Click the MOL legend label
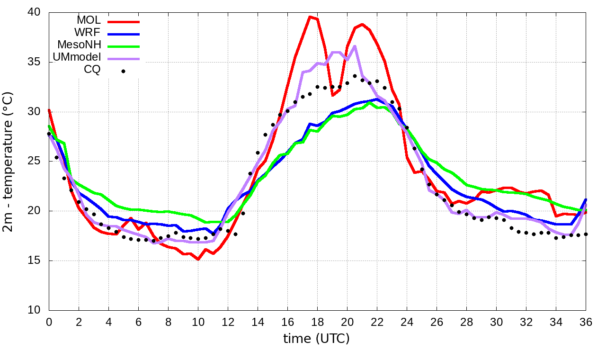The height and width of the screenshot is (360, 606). [x=89, y=20]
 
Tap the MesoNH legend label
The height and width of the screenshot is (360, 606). [x=80, y=45]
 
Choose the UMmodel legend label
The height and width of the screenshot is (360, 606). [x=78, y=57]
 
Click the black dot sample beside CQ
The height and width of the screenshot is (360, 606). [x=123, y=71]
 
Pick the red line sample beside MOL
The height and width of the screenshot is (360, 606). [x=124, y=22]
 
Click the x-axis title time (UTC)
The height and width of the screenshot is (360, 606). [x=316, y=339]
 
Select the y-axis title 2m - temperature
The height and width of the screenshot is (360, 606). [x=9, y=161]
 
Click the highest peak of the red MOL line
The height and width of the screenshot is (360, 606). [x=310, y=17]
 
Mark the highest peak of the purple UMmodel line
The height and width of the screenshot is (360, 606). [x=355, y=46]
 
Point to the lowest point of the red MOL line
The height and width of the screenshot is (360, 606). [x=198, y=259]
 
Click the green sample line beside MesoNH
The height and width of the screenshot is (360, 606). [x=124, y=46]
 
